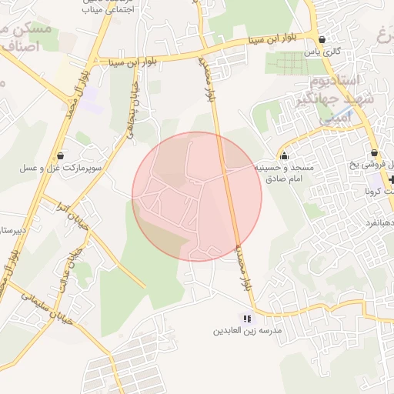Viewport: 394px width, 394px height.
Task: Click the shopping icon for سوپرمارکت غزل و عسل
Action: click(x=61, y=155)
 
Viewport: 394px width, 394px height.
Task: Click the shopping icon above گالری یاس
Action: click(x=321, y=39)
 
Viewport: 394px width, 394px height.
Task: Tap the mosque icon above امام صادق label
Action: click(x=285, y=155)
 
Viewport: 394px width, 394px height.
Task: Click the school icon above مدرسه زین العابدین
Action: click(x=247, y=318)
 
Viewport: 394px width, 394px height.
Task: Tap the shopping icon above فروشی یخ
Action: click(x=374, y=153)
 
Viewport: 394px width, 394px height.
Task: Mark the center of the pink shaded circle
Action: click(x=197, y=196)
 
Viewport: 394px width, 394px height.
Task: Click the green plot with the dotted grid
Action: click(x=292, y=63)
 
